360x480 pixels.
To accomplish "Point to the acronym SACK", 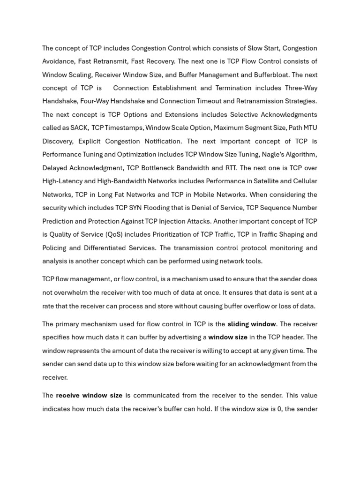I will click(79, 127).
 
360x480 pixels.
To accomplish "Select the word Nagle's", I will click(270, 154).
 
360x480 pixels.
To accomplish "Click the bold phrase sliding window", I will click(252, 324).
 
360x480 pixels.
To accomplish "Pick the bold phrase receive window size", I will click(89, 395).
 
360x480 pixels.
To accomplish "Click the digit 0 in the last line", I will click(279, 409).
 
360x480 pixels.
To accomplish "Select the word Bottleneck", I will click(169, 168).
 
